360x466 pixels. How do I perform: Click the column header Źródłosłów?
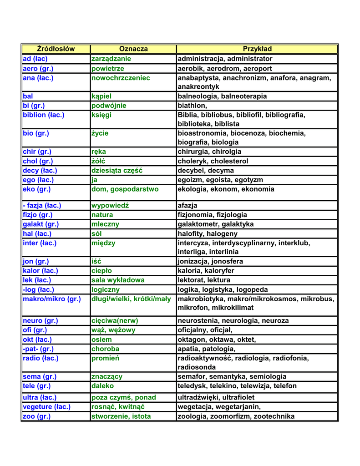pos(56,49)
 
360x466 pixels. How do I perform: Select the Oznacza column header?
pos(133,49)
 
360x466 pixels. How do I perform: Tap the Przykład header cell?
pos(257,49)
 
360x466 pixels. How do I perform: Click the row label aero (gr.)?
pos(38,68)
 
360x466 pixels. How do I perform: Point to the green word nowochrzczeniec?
pos(121,78)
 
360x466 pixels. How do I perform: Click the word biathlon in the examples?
pos(192,106)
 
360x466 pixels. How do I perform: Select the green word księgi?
pos(101,115)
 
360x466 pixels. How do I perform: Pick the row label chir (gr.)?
pos(37,152)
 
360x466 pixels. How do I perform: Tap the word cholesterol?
pos(230,161)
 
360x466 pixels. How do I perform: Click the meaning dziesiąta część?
pos(117,170)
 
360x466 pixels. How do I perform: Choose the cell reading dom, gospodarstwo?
pos(125,189)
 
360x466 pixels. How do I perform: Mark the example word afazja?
pos(188,205)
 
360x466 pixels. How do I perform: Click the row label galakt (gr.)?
pos(41,224)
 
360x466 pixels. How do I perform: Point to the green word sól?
pos(96,233)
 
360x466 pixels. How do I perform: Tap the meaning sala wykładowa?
pos(118,280)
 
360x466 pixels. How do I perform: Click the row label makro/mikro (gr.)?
pos(52,299)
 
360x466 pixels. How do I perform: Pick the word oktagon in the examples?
pos(191,339)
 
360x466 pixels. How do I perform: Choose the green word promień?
pos(105,358)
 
